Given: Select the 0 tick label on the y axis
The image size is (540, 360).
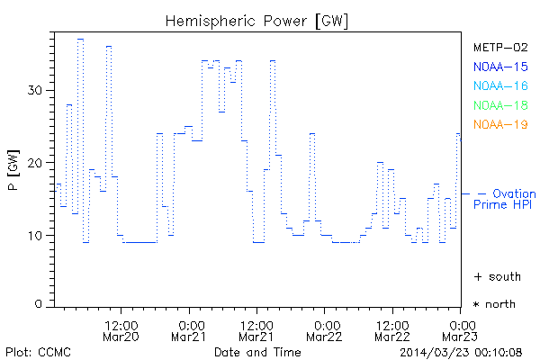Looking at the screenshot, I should pyautogui.click(x=40, y=304).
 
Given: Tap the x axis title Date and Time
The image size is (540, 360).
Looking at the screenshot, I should pyautogui.click(x=257, y=352).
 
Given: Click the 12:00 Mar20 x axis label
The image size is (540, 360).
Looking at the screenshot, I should pyautogui.click(x=121, y=330).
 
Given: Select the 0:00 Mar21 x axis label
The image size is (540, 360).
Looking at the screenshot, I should pyautogui.click(x=190, y=330).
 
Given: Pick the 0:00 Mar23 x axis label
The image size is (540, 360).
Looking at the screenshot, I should pyautogui.click(x=462, y=330).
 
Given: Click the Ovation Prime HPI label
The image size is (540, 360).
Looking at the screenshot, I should pyautogui.click(x=505, y=199).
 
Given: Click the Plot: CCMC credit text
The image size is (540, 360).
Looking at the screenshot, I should pyautogui.click(x=38, y=352).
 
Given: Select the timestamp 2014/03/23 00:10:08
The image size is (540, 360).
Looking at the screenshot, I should pyautogui.click(x=462, y=352).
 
